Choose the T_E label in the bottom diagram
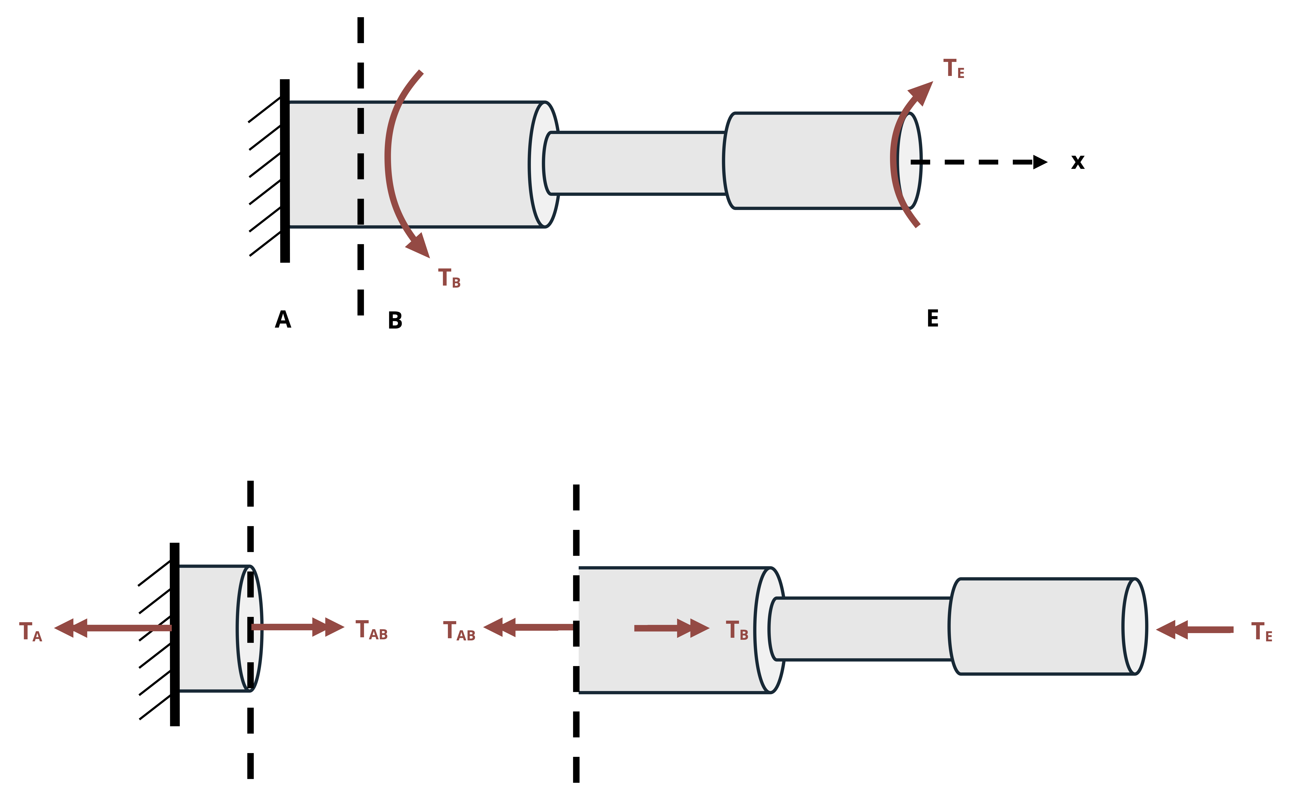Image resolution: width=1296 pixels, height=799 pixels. click(1262, 632)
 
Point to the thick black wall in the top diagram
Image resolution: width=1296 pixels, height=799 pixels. click(285, 171)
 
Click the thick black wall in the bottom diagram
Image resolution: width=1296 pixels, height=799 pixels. click(175, 634)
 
